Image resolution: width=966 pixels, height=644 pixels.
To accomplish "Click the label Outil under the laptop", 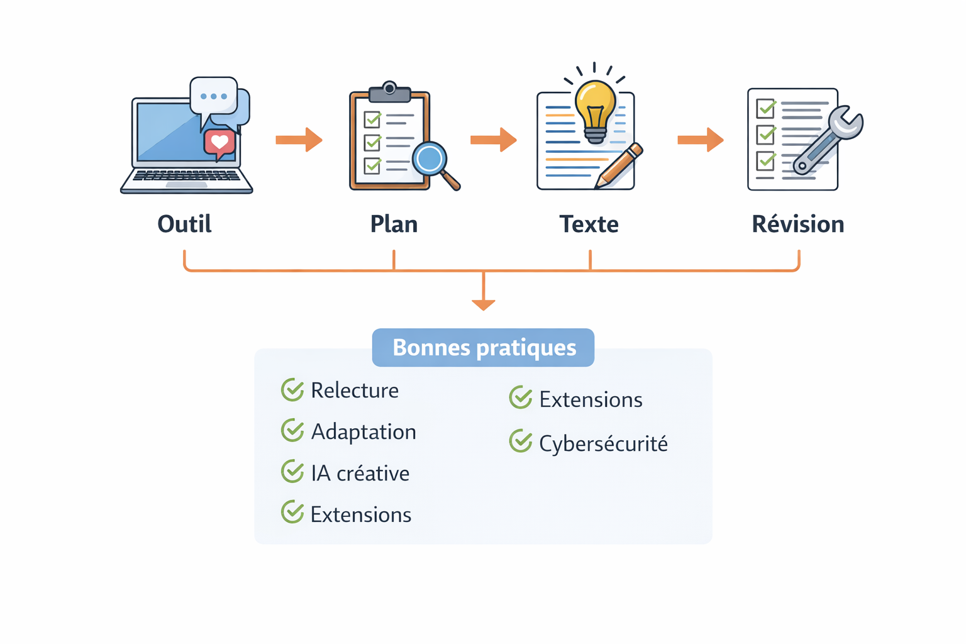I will tap(184, 224).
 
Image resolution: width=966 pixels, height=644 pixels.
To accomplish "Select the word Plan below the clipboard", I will tap(394, 224).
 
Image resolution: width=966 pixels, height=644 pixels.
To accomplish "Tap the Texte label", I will tap(589, 224).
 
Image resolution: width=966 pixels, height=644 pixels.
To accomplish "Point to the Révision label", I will tap(797, 224).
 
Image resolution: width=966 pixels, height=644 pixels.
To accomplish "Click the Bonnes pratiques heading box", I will tap(483, 347).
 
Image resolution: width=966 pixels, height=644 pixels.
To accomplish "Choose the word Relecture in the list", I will tap(355, 391).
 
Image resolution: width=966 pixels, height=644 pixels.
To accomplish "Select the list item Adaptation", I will tap(364, 432).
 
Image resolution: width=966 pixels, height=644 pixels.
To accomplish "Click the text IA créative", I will tap(360, 474).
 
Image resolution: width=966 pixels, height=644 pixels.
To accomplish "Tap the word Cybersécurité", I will tap(603, 443).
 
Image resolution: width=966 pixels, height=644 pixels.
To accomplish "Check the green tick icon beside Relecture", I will tap(292, 390).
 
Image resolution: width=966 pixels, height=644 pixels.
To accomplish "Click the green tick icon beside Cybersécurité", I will tap(521, 441).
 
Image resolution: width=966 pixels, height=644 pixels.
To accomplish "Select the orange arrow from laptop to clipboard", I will tap(299, 140).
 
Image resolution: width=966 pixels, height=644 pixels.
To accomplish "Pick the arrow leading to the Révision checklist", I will tap(701, 140).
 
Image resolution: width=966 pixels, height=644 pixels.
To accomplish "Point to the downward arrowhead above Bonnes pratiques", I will tap(483, 304).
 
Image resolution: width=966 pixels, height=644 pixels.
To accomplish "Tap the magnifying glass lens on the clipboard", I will tap(430, 159).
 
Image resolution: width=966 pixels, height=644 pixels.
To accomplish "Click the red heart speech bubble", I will tap(219, 143).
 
